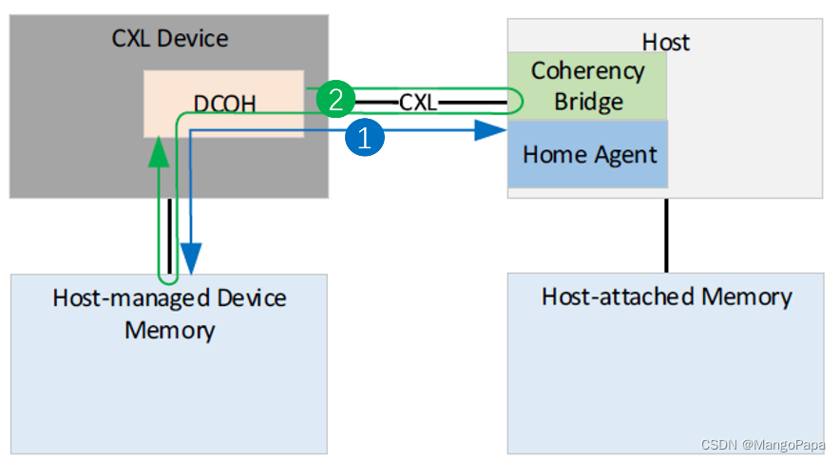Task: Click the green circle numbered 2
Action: pyautogui.click(x=335, y=97)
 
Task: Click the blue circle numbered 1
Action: pyautogui.click(x=366, y=137)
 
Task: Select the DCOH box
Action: pyautogui.click(x=223, y=103)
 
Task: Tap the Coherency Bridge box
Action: pyautogui.click(x=587, y=86)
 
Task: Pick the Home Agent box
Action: pyautogui.click(x=589, y=153)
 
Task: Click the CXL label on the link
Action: pyautogui.click(x=418, y=101)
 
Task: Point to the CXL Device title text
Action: pyautogui.click(x=170, y=39)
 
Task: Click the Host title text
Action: pyautogui.click(x=665, y=42)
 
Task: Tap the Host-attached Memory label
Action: pyautogui.click(x=666, y=297)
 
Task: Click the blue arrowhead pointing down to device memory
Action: pyautogui.click(x=191, y=258)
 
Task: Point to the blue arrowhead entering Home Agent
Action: pyautogui.click(x=488, y=132)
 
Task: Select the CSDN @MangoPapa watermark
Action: pyautogui.click(x=763, y=445)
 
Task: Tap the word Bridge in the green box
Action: pyautogui.click(x=587, y=102)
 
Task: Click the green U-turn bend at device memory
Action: pyautogui.click(x=168, y=280)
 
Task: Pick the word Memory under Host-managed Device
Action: pyautogui.click(x=169, y=330)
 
